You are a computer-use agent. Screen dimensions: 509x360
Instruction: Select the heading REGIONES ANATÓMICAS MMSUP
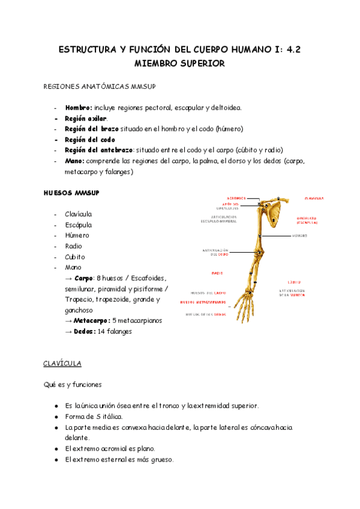click(x=100, y=87)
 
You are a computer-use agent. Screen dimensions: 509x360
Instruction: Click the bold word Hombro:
click(x=79, y=107)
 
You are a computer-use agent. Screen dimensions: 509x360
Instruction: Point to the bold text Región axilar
click(x=86, y=118)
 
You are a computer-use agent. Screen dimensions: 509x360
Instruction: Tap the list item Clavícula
click(x=79, y=214)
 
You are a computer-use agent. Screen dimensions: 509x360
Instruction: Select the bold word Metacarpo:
click(x=91, y=321)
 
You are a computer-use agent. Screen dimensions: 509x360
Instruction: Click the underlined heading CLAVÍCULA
click(x=62, y=364)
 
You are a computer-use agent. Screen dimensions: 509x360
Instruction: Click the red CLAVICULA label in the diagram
click(x=314, y=198)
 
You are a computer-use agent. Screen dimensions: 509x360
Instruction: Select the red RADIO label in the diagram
click(x=217, y=273)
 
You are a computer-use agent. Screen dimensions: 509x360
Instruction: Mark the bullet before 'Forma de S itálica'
click(x=56, y=417)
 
